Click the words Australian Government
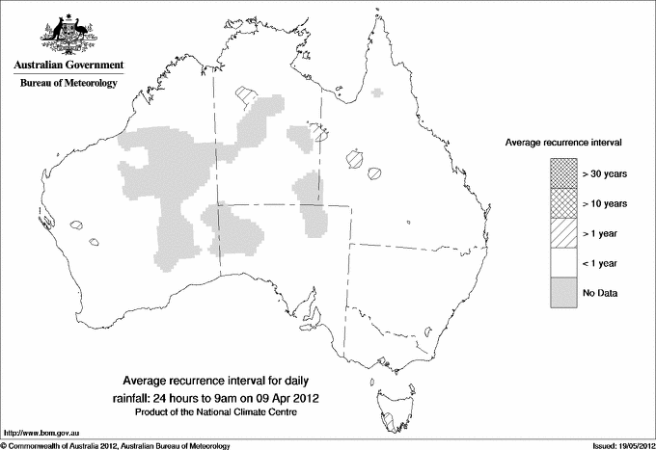[68, 66]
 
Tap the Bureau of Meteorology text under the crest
[68, 84]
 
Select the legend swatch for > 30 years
[563, 172]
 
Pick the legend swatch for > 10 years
[563, 202]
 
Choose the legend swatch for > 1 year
[563, 232]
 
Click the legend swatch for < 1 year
[563, 262]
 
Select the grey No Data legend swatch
[563, 292]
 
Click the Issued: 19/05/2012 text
[615, 445]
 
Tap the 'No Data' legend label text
[600, 292]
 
